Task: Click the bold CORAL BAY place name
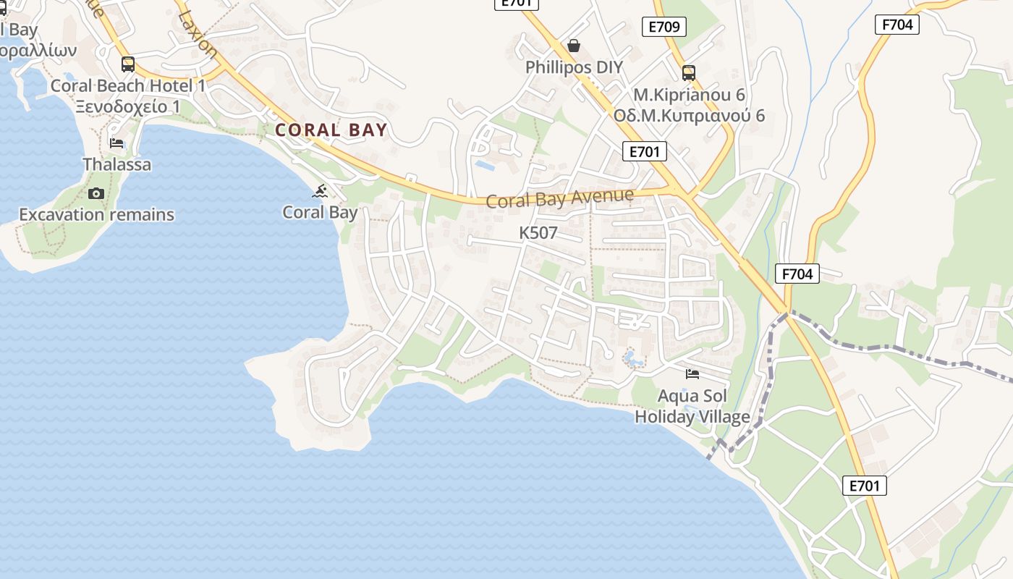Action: [x=331, y=130]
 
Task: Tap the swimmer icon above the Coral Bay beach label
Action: [x=320, y=192]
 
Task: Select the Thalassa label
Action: [x=117, y=164]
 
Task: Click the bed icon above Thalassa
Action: [x=116, y=143]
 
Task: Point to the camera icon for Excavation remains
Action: [x=96, y=193]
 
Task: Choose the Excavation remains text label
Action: [x=96, y=215]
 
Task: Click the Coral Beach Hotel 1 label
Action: [x=128, y=86]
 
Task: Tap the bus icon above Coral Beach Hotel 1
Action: [x=128, y=64]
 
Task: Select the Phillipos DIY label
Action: [x=574, y=67]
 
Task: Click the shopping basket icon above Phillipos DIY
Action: [x=574, y=46]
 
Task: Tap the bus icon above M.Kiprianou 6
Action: [x=689, y=73]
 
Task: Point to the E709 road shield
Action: [x=664, y=28]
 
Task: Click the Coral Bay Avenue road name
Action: [x=560, y=198]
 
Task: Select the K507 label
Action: [x=538, y=233]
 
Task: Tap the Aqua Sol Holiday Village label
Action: [x=692, y=407]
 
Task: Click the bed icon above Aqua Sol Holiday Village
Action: [x=692, y=374]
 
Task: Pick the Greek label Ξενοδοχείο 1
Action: [x=128, y=107]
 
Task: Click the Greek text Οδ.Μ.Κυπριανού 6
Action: [x=689, y=116]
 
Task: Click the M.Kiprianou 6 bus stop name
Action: [x=689, y=95]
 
